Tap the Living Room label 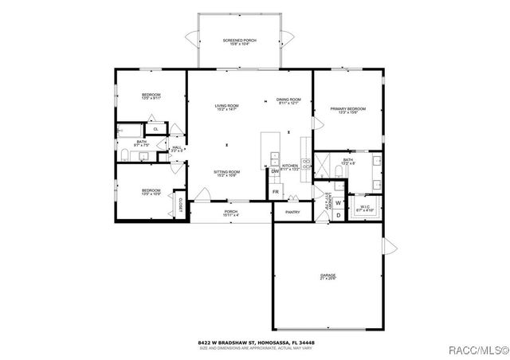(227, 108)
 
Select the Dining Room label (288, 101)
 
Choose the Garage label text (328, 275)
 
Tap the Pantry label (292, 212)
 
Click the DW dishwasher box (275, 171)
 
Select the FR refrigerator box (276, 192)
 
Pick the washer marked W (338, 203)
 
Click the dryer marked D (338, 215)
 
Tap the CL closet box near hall (155, 128)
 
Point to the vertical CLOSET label (182, 203)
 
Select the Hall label (177, 149)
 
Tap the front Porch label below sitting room (231, 213)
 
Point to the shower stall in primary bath (324, 165)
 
